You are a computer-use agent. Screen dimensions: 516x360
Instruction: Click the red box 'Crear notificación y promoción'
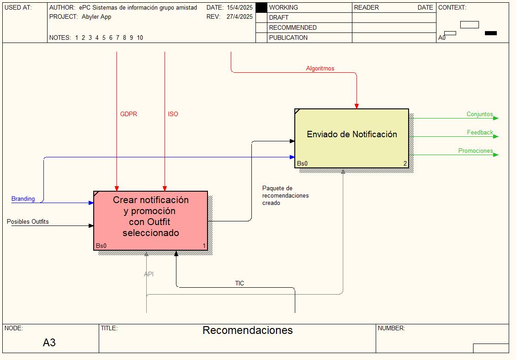point(151,220)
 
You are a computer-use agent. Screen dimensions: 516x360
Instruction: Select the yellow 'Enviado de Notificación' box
point(351,138)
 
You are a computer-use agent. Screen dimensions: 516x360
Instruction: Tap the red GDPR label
point(128,114)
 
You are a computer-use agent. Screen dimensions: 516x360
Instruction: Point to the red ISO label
point(173,114)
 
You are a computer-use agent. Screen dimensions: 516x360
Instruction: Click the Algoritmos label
point(320,69)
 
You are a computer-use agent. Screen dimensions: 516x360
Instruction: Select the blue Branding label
point(23,199)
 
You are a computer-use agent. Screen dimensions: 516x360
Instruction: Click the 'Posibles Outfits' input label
point(27,222)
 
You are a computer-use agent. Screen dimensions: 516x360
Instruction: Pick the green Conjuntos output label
point(479,114)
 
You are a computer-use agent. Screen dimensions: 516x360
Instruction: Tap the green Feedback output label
point(480,132)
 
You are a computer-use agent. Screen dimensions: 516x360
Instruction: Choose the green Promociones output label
point(475,150)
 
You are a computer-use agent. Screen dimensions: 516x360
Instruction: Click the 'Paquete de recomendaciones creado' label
point(285,196)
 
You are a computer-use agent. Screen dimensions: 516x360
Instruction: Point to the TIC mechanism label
point(239,283)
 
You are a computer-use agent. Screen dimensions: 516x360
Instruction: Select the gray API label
point(149,274)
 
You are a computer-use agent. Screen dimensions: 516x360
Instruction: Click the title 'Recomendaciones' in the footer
point(247,330)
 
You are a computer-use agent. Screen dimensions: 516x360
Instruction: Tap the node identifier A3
point(49,343)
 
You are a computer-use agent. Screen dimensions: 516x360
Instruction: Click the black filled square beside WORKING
point(261,8)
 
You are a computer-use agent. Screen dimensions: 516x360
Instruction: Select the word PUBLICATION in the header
point(288,38)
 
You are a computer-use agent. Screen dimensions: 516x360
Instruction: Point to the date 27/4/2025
point(239,16)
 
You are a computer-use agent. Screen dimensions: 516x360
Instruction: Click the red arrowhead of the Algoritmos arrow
point(356,106)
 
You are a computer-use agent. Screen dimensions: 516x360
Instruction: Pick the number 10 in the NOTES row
point(140,38)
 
